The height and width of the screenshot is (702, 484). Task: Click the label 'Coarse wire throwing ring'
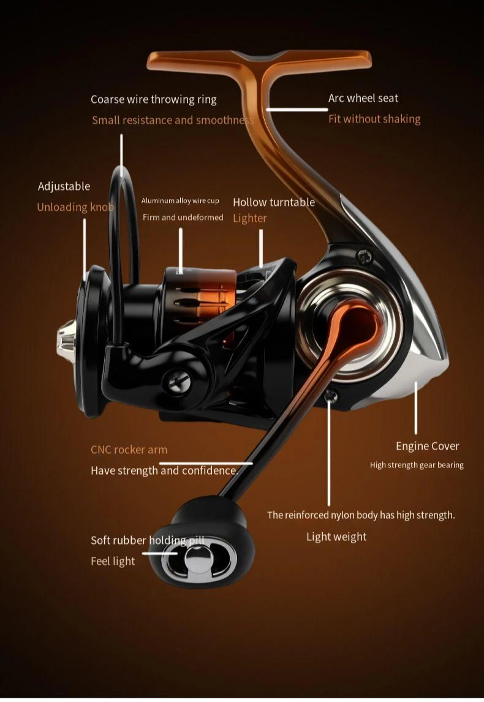(153, 99)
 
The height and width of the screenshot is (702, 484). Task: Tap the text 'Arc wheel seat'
(363, 98)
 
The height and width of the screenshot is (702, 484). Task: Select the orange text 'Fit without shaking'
(374, 119)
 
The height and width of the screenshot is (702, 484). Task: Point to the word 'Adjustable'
(64, 186)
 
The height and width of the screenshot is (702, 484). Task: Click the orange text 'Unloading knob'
(75, 207)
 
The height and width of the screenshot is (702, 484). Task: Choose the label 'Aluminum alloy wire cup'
(180, 201)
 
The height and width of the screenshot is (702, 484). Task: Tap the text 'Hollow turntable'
(273, 202)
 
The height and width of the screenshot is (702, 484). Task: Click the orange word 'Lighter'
(249, 218)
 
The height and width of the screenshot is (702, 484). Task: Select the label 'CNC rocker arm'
(129, 450)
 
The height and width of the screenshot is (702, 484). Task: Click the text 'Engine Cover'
(427, 446)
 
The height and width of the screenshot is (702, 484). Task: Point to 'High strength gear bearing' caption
(417, 465)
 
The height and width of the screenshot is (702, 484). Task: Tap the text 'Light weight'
(336, 537)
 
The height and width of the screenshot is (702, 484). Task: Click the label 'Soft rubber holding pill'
(147, 540)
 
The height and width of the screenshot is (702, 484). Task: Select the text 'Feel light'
(113, 561)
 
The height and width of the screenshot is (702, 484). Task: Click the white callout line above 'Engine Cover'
(416, 407)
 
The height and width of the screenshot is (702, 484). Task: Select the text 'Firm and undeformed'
(183, 217)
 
